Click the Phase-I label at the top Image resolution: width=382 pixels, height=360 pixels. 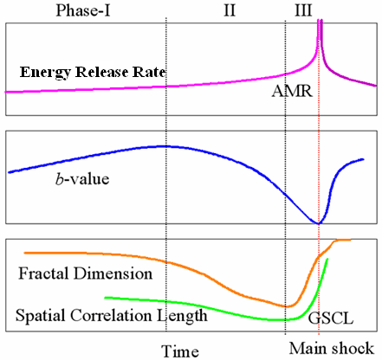point(83,10)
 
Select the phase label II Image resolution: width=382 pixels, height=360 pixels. point(230,10)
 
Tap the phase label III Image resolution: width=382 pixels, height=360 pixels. point(303,10)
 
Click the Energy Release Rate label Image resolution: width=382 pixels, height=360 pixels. point(93,72)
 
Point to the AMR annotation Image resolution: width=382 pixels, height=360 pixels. point(292,92)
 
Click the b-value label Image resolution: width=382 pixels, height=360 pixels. point(82,179)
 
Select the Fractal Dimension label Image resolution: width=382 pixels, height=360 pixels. point(86,273)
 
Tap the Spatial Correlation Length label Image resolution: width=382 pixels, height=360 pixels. point(112,315)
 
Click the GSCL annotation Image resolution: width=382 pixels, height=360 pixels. point(331,318)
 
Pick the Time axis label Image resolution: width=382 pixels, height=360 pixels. point(180,351)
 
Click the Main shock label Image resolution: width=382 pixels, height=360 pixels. point(332,348)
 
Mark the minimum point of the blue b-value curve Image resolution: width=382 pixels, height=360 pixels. point(318,223)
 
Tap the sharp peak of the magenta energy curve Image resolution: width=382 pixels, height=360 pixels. point(320,21)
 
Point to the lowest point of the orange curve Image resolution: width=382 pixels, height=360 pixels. point(287,306)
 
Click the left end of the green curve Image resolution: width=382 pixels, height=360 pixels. point(106,298)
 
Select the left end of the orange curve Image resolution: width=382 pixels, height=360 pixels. point(25,253)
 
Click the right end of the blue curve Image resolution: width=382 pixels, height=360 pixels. point(363,159)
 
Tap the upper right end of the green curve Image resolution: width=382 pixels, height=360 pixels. point(327,260)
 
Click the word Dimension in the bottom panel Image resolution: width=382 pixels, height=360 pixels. point(113,273)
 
